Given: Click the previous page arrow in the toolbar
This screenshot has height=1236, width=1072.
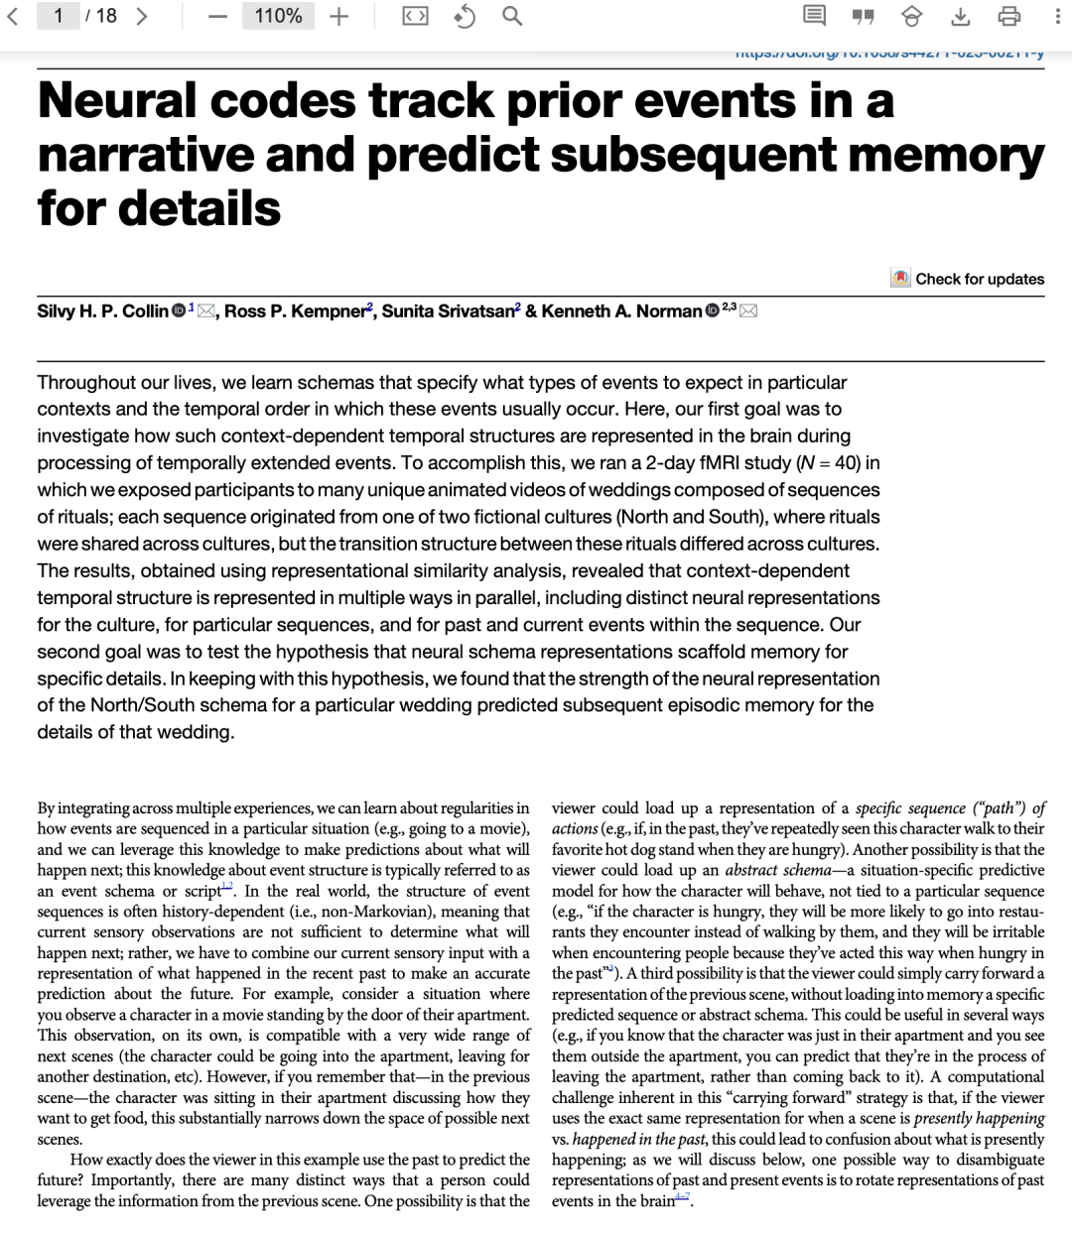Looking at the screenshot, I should pos(13,16).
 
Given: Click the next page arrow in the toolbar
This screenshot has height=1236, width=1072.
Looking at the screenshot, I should pos(142,16).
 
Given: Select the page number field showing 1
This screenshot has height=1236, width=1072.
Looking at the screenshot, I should pos(59,16).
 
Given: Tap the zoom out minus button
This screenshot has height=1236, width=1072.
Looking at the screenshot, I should pos(217,17).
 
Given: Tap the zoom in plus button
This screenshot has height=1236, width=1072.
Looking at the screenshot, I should pos(339,17).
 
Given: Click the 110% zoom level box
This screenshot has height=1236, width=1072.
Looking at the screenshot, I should pos(278,16).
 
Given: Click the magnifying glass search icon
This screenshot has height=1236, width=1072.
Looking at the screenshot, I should pos(512,17).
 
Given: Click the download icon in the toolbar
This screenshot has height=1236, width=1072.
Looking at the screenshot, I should pos(960,17).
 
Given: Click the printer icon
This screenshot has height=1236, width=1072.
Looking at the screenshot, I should pos(1008,17).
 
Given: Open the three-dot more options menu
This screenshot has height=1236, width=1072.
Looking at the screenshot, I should pos(1058,17).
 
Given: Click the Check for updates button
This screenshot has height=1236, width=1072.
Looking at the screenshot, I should pos(968,279).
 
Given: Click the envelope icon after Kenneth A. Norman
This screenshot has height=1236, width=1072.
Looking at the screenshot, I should pos(748,311).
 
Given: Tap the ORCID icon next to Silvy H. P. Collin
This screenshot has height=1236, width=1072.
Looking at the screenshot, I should pos(179,311).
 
